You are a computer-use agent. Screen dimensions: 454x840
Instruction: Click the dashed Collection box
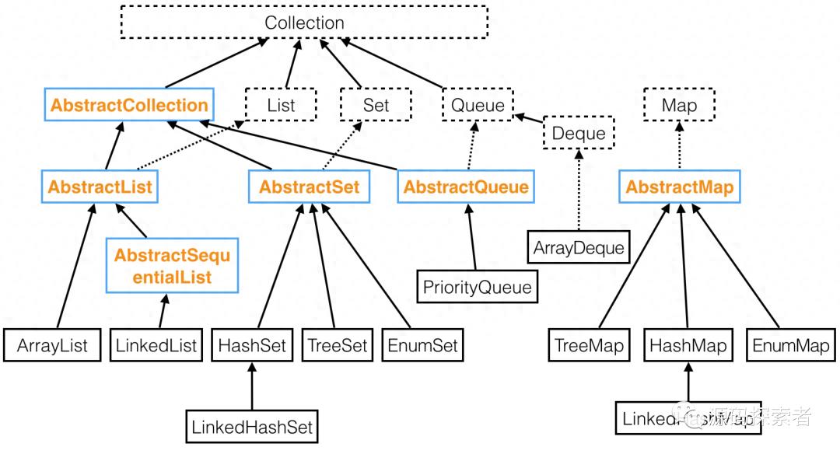[x=304, y=23]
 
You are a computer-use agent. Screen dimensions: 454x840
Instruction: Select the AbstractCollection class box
[x=129, y=105]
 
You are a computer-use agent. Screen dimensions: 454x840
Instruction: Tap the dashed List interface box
[x=281, y=105]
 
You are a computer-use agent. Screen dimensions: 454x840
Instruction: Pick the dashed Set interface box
[x=376, y=105]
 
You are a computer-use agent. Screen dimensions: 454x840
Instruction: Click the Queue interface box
[x=478, y=105]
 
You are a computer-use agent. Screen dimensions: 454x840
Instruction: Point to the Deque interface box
[x=578, y=133]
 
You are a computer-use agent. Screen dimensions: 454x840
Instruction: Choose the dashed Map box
[x=679, y=105]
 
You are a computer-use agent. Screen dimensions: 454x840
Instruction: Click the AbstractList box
[x=100, y=187]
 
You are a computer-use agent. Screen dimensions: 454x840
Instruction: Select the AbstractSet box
[x=310, y=187]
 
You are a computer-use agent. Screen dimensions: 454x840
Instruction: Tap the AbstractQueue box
[x=466, y=187]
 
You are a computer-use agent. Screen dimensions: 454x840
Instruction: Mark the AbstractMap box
[x=679, y=187]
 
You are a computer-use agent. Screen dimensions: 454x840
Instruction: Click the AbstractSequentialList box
[x=172, y=266]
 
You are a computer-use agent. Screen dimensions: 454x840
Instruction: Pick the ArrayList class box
[x=52, y=345]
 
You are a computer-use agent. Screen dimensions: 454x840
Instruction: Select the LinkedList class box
[x=158, y=345]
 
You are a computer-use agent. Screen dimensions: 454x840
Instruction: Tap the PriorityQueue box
[x=477, y=287]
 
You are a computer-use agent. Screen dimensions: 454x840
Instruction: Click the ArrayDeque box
[x=579, y=248]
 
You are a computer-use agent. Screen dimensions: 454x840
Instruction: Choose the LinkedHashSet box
[x=253, y=426]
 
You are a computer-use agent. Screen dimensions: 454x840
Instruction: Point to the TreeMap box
[x=589, y=345]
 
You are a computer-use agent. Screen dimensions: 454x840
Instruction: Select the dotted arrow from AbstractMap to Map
[x=679, y=147]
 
